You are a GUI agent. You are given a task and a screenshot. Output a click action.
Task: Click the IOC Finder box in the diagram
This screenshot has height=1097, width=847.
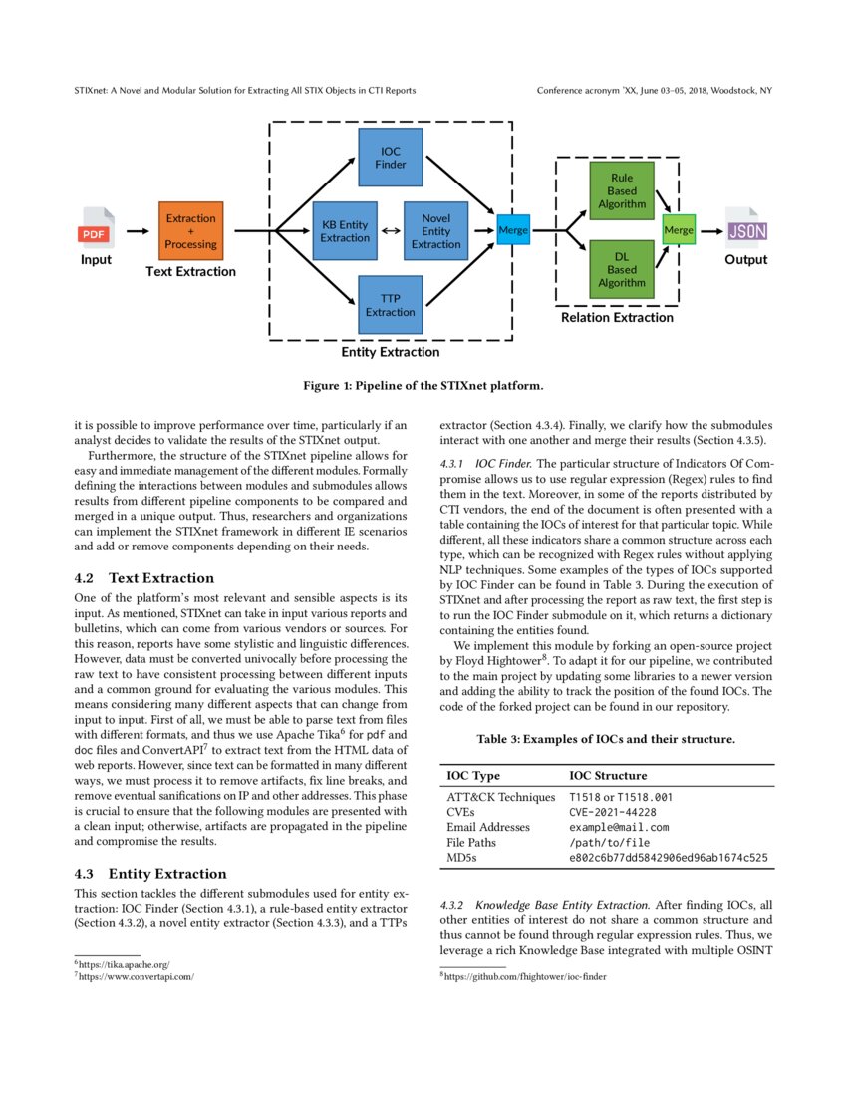[x=391, y=158]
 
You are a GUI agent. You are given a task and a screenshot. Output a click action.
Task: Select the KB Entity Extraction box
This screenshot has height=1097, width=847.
[x=345, y=231]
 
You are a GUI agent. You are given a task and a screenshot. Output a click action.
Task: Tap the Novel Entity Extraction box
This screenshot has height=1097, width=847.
[x=435, y=231]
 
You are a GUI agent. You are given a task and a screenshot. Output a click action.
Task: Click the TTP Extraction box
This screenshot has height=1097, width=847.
[x=391, y=305]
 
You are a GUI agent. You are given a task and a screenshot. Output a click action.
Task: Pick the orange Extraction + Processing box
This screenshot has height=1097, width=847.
[x=190, y=231]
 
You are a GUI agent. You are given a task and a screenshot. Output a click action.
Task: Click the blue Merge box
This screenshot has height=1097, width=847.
[x=513, y=231]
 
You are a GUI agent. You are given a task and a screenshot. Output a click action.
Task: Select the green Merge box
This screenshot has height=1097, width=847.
[x=679, y=230]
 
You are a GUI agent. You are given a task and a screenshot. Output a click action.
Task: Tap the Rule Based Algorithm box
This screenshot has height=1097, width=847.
[x=622, y=191]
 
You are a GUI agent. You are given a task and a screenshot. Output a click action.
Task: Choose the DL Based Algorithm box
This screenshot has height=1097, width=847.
[x=622, y=269]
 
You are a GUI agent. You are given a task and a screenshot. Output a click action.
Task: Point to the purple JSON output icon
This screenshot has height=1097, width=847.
[x=745, y=229]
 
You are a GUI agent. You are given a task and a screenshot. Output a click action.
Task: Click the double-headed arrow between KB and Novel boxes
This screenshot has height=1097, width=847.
[x=391, y=231]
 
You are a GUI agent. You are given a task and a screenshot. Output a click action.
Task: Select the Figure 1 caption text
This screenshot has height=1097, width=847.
[x=423, y=385]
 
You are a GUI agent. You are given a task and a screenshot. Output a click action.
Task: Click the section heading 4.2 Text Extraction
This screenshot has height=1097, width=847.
[x=144, y=578]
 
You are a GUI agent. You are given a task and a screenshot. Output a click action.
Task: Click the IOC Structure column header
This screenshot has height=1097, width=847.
[x=608, y=775]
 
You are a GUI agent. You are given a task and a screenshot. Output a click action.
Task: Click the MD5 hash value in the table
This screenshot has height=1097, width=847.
[x=669, y=857]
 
